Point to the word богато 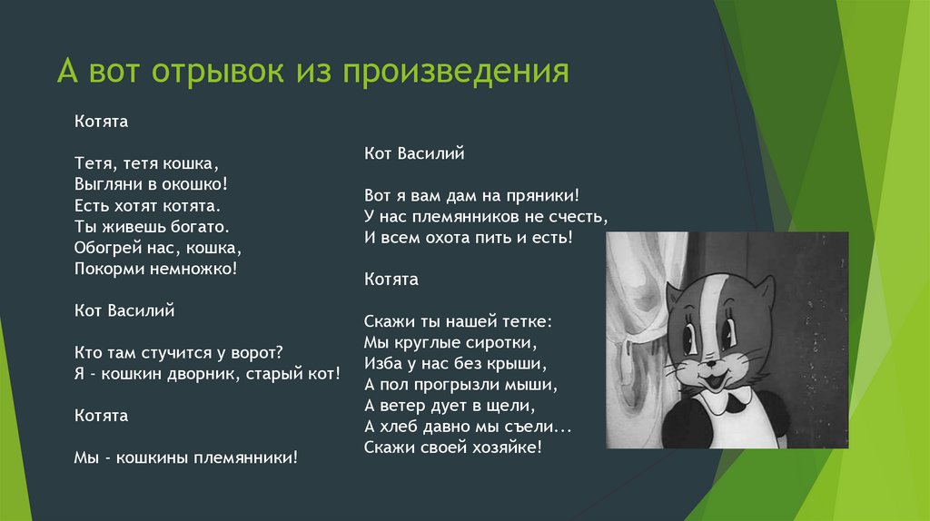(x=200, y=227)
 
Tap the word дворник (x=200, y=375)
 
